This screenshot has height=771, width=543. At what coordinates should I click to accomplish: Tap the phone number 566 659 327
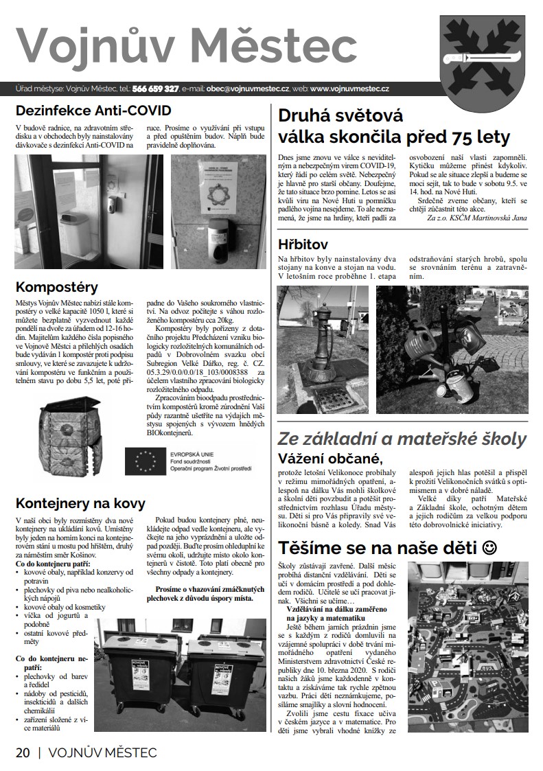(155, 89)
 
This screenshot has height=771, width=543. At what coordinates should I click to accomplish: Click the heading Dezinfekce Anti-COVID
(93, 110)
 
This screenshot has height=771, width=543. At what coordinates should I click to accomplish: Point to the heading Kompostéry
(56, 286)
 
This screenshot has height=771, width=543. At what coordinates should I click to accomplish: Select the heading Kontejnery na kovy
(80, 503)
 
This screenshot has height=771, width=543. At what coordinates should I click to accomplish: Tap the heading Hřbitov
(303, 244)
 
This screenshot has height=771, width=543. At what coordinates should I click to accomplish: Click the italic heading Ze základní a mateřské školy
(402, 439)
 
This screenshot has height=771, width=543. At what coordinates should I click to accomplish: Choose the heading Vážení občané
(329, 458)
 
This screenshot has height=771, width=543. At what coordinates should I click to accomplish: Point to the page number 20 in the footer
(23, 752)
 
